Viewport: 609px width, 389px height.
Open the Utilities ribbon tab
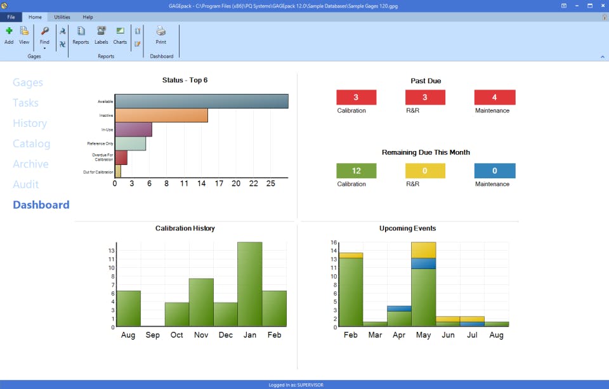pos(62,17)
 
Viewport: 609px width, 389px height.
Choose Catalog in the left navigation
pos(31,143)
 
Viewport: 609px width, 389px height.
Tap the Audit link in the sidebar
pos(26,184)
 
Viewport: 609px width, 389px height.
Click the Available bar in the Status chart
pos(201,102)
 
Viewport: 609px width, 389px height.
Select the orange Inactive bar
pos(161,115)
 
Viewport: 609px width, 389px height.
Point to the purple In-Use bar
pos(133,129)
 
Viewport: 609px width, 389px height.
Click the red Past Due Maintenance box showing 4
pos(494,97)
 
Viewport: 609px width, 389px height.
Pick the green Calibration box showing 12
pos(356,171)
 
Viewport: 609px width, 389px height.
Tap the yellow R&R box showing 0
pos(425,171)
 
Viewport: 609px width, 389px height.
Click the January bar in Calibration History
pos(249,284)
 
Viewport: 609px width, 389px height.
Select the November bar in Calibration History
pos(201,302)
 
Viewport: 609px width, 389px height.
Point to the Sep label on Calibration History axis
pos(152,334)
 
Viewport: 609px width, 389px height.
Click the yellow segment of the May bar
pos(423,249)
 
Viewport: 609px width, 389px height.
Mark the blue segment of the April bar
pos(399,308)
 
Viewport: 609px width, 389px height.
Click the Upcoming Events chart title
pos(407,228)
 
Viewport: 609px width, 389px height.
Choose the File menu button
pos(11,17)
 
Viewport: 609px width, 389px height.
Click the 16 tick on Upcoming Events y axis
pos(334,242)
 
